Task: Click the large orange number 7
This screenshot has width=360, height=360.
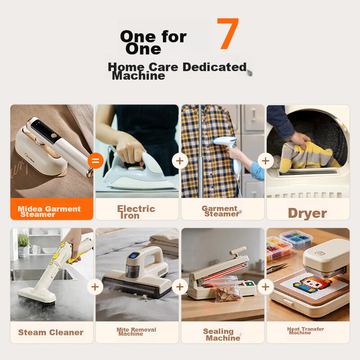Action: tap(228, 33)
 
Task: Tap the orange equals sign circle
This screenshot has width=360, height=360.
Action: tap(95, 161)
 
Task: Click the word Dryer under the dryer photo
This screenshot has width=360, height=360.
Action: tap(307, 213)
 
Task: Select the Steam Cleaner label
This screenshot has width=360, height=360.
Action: tap(51, 332)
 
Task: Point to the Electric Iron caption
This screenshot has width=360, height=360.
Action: tap(136, 212)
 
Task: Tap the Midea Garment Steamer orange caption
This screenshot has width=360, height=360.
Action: tap(49, 211)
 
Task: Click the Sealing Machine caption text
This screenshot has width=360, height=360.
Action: tap(222, 334)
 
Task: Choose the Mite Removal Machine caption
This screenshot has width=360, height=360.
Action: tap(136, 332)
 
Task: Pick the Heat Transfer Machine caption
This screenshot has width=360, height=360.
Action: tap(306, 331)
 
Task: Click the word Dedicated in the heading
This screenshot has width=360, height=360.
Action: tap(215, 67)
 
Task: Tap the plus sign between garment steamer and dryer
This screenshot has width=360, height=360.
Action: tap(265, 161)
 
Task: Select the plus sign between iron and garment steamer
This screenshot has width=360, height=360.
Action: tap(180, 161)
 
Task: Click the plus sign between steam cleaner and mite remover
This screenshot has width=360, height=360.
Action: tap(95, 287)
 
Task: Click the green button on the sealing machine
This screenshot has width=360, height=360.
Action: tap(249, 284)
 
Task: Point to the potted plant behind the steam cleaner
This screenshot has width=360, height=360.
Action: tap(23, 245)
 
